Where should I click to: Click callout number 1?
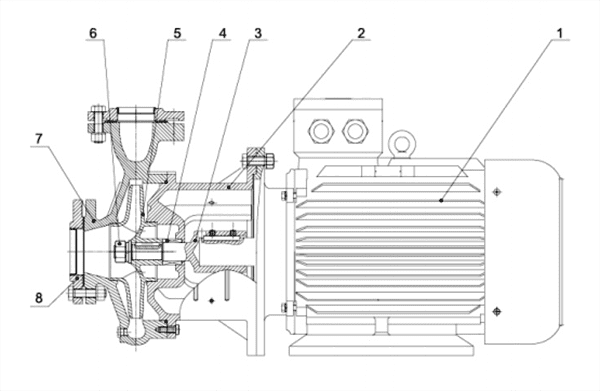pyautogui.click(x=559, y=33)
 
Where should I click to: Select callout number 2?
pyautogui.click(x=361, y=33)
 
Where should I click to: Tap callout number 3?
pyautogui.click(x=258, y=33)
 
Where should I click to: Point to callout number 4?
pyautogui.click(x=222, y=33)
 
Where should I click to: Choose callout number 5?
pyautogui.click(x=177, y=33)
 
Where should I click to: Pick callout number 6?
pyautogui.click(x=93, y=33)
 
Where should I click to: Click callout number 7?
pyautogui.click(x=39, y=139)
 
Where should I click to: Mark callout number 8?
pyautogui.click(x=39, y=298)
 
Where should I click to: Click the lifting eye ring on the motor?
pyautogui.click(x=401, y=143)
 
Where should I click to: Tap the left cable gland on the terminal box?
pyautogui.click(x=321, y=131)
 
